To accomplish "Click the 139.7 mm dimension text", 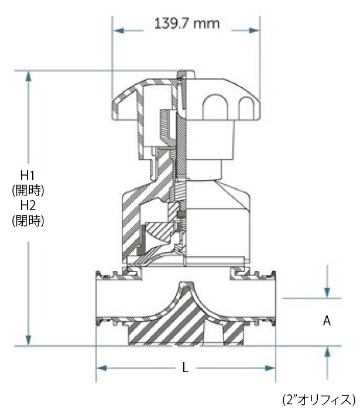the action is click(x=187, y=24).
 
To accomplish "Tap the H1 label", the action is click(x=28, y=175).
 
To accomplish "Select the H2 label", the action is click(x=28, y=205).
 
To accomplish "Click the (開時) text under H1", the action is click(x=28, y=190).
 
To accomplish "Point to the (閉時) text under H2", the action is click(x=28, y=220).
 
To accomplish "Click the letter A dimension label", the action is click(x=327, y=321).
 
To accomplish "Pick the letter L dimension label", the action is click(x=185, y=368).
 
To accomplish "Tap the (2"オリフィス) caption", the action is click(x=319, y=399).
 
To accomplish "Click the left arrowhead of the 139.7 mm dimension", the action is click(x=118, y=31).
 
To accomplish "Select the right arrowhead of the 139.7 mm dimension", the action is click(x=253, y=31).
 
